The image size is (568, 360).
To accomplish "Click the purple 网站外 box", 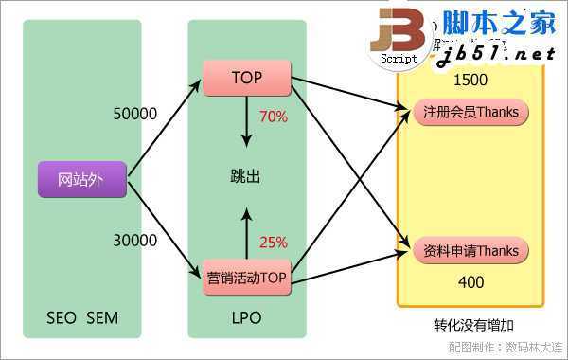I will (81, 179).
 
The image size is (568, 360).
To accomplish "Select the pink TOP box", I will (246, 77).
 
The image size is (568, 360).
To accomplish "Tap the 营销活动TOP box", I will (246, 278).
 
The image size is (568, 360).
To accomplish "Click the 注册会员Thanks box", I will (470, 113).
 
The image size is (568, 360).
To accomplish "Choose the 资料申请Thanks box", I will (470, 251).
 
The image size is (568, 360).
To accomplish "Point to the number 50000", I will (134, 114).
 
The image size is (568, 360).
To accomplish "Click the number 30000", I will (134, 241).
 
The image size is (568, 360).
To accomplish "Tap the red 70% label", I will (273, 117).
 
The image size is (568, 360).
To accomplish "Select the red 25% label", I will (273, 242).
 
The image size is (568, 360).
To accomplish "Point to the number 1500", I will (470, 80).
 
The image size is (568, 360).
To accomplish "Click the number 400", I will (470, 282).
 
